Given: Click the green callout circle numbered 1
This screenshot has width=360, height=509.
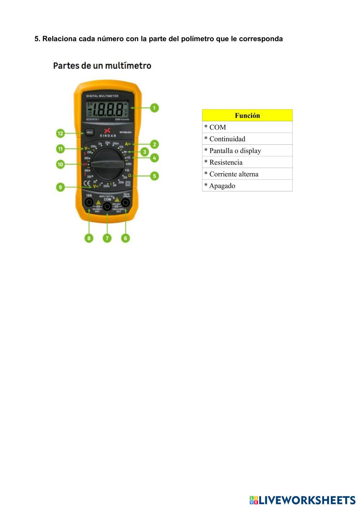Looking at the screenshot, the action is (154, 108).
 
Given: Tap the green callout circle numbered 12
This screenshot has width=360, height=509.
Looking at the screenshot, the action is (60, 133).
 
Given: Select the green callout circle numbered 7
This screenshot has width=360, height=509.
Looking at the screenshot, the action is (107, 238).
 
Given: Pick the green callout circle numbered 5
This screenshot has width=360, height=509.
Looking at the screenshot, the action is (154, 176).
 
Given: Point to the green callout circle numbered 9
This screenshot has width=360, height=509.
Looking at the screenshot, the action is (60, 187).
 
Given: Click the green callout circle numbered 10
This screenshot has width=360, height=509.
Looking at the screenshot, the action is (60, 164).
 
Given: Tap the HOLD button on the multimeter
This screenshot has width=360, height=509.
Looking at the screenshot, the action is (90, 132).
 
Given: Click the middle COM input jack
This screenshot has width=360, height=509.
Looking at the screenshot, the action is (107, 206).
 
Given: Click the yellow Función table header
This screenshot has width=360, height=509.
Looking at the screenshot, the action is (247, 115).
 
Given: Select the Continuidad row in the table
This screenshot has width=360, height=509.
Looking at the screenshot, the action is (247, 139).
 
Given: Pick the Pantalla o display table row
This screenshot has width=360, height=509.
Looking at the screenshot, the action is (247, 151).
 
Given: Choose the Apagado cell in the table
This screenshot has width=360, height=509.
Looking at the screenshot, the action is (247, 186).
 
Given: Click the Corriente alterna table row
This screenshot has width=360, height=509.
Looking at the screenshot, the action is (247, 174).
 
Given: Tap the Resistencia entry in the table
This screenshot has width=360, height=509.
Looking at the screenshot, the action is (247, 162).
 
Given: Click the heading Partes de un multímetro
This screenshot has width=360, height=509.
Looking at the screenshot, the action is (102, 65).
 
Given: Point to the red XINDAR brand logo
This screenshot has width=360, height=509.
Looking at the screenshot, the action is (107, 131).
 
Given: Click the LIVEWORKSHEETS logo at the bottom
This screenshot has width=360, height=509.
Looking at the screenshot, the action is (302, 500).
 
